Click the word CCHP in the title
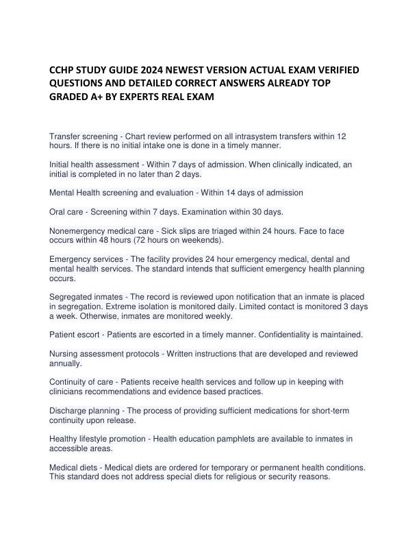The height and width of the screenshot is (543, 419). (61, 71)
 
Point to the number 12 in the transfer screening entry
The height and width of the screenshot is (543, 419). (342, 137)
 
